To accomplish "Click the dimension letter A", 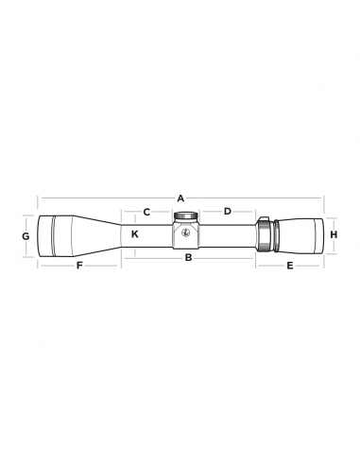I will coord(180,198).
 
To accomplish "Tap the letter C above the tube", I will coord(146,212).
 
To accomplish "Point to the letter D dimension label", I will coord(227,212).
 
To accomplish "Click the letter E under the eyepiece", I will coord(289,267).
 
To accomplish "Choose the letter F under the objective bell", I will coord(79,267).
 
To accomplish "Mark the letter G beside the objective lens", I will coord(26,233).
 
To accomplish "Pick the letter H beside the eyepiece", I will coord(334,233).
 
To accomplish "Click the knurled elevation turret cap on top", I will coord(185,215).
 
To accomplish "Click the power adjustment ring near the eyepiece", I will coord(264,233).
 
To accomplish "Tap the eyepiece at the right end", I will coord(302,233).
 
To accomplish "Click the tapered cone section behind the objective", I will coord(99,233).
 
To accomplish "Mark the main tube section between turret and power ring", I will coord(227,233).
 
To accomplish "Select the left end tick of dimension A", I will coord(38,198).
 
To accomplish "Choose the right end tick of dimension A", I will coord(323,198).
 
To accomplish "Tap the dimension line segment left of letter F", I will coord(57,267).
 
